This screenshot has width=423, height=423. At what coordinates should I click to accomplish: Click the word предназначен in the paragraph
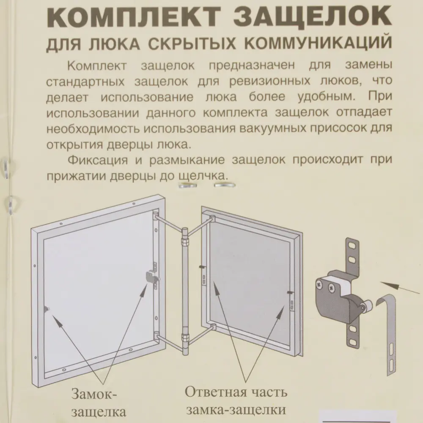251,67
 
